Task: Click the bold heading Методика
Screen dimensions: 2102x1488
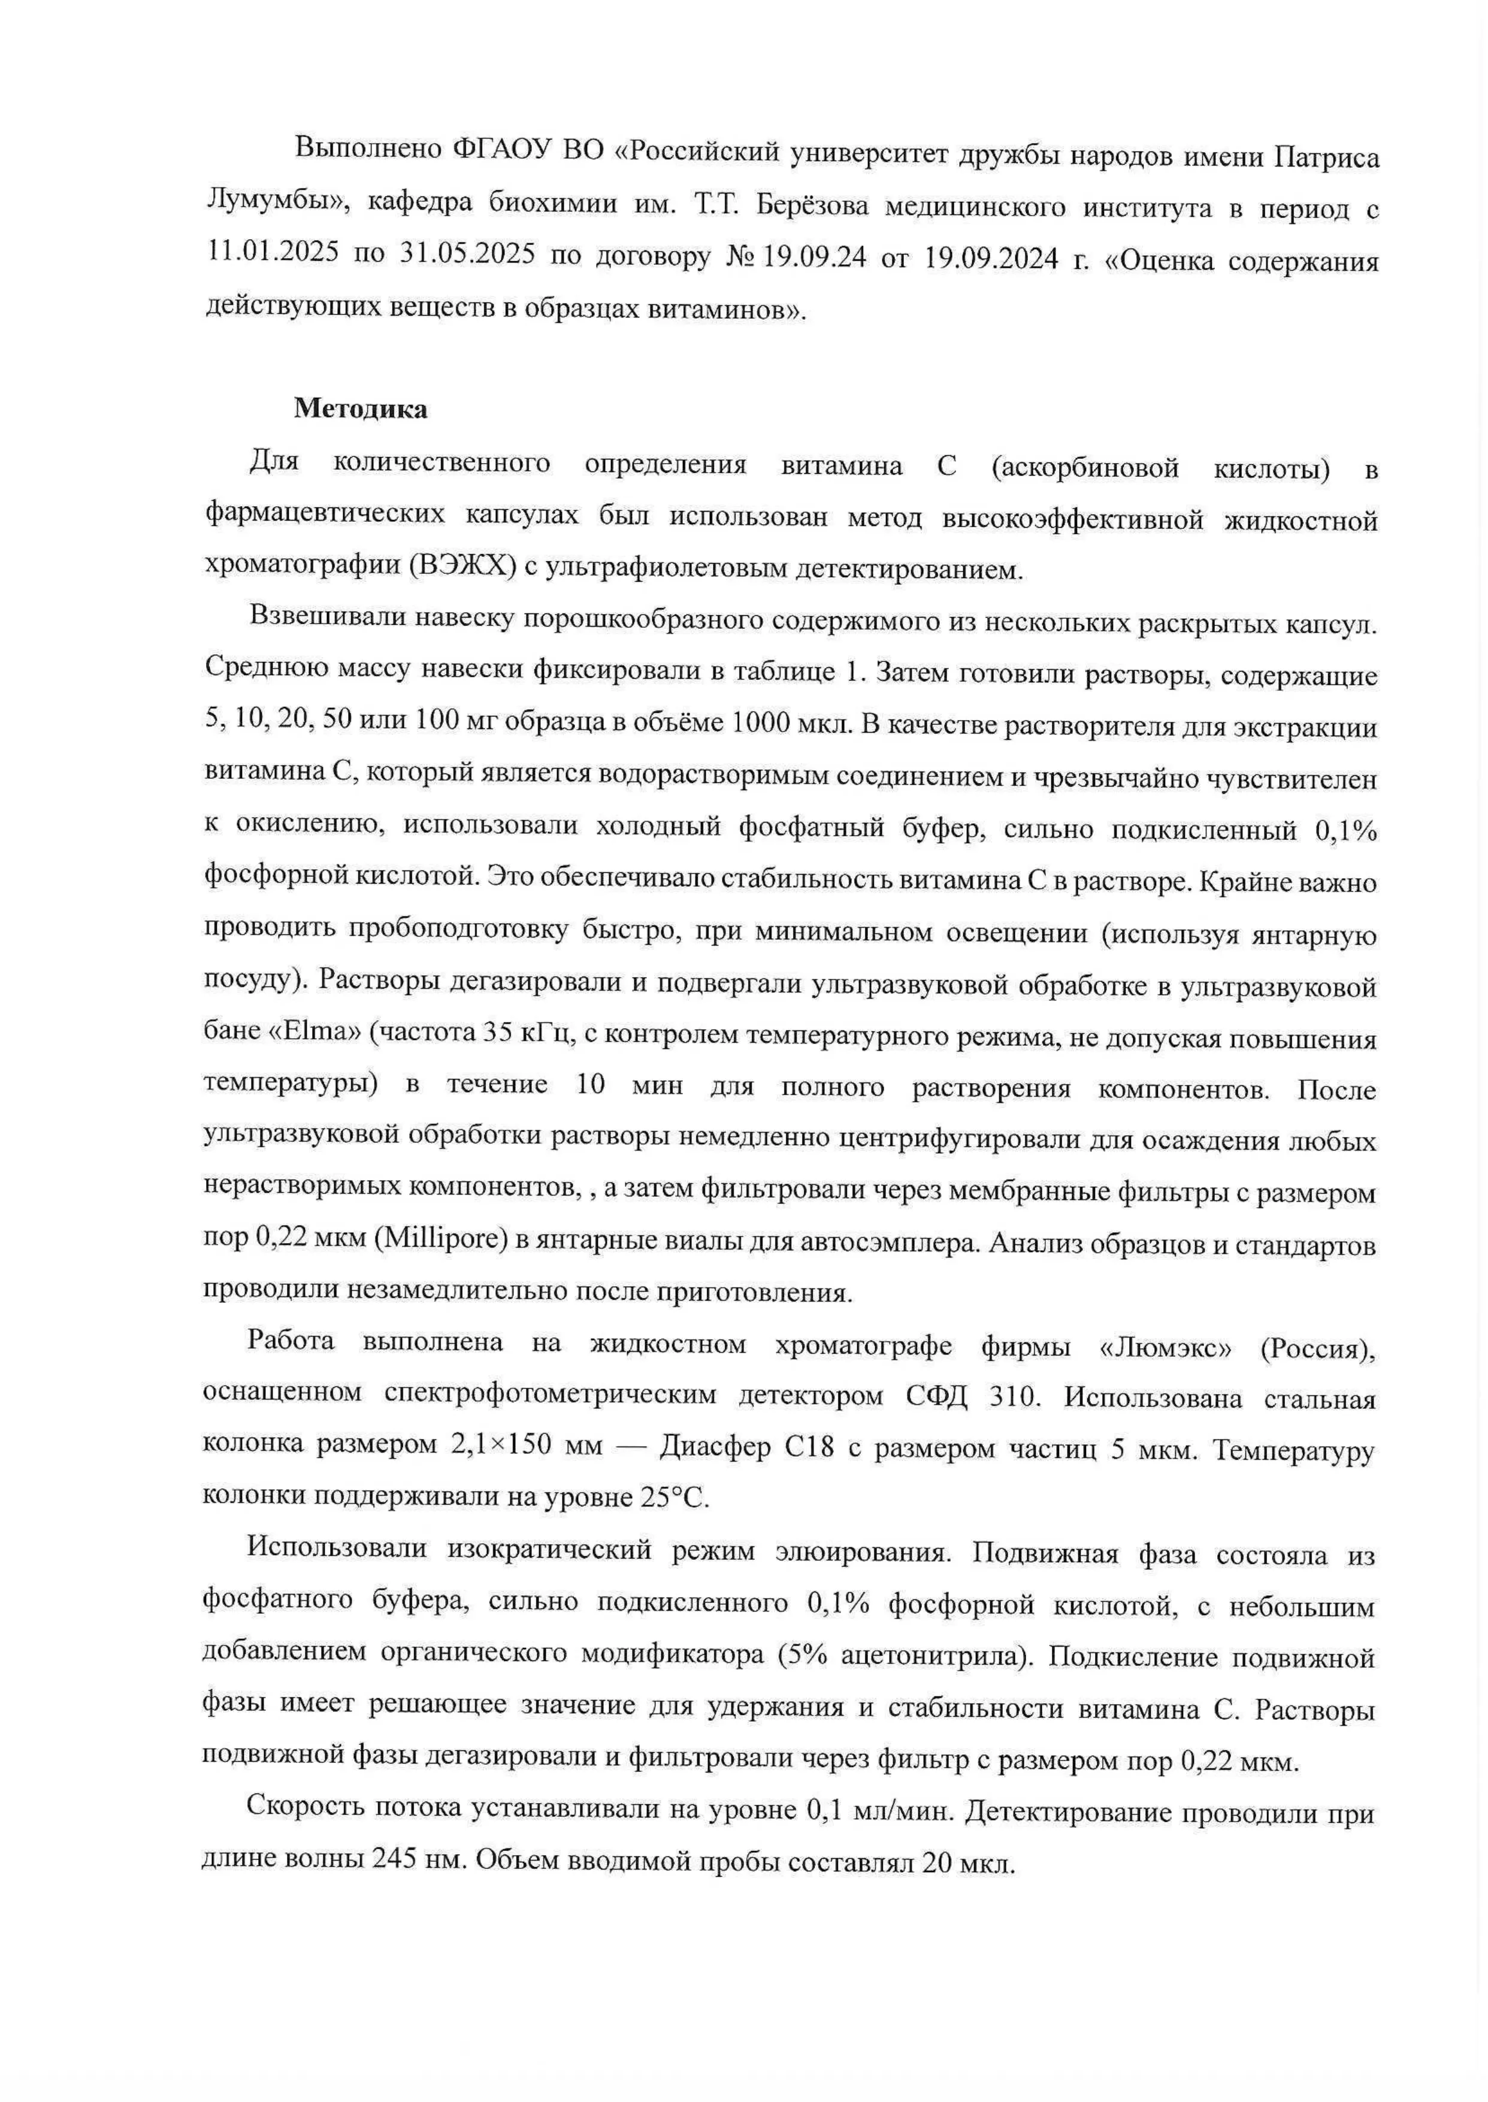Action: (360, 410)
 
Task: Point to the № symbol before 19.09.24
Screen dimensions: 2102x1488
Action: (739, 258)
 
